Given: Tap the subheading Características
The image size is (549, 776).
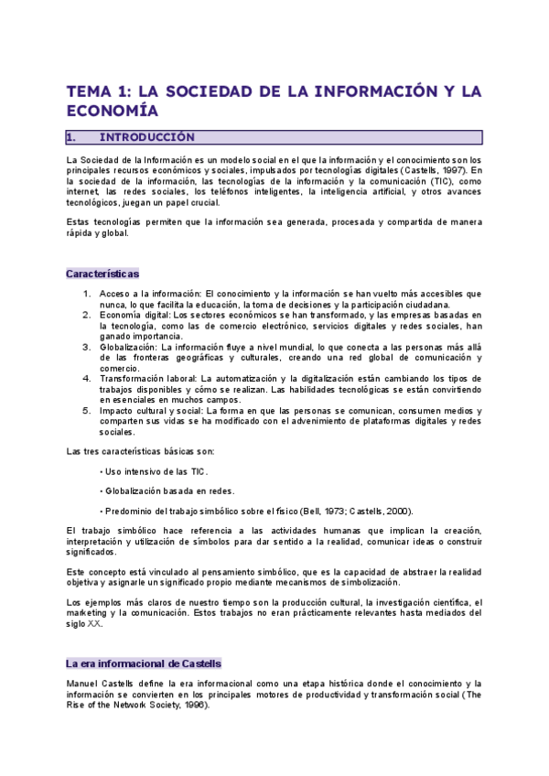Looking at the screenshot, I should pyautogui.click(x=102, y=274).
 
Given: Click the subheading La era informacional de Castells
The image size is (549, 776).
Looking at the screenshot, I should pyautogui.click(x=144, y=663).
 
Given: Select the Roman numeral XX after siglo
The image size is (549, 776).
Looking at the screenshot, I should pyautogui.click(x=94, y=623).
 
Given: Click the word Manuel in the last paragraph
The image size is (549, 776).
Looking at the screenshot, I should pyautogui.click(x=83, y=684).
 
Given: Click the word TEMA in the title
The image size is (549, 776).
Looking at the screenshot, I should pyautogui.click(x=89, y=92).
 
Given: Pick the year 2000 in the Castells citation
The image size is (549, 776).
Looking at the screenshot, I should pyautogui.click(x=398, y=511).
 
